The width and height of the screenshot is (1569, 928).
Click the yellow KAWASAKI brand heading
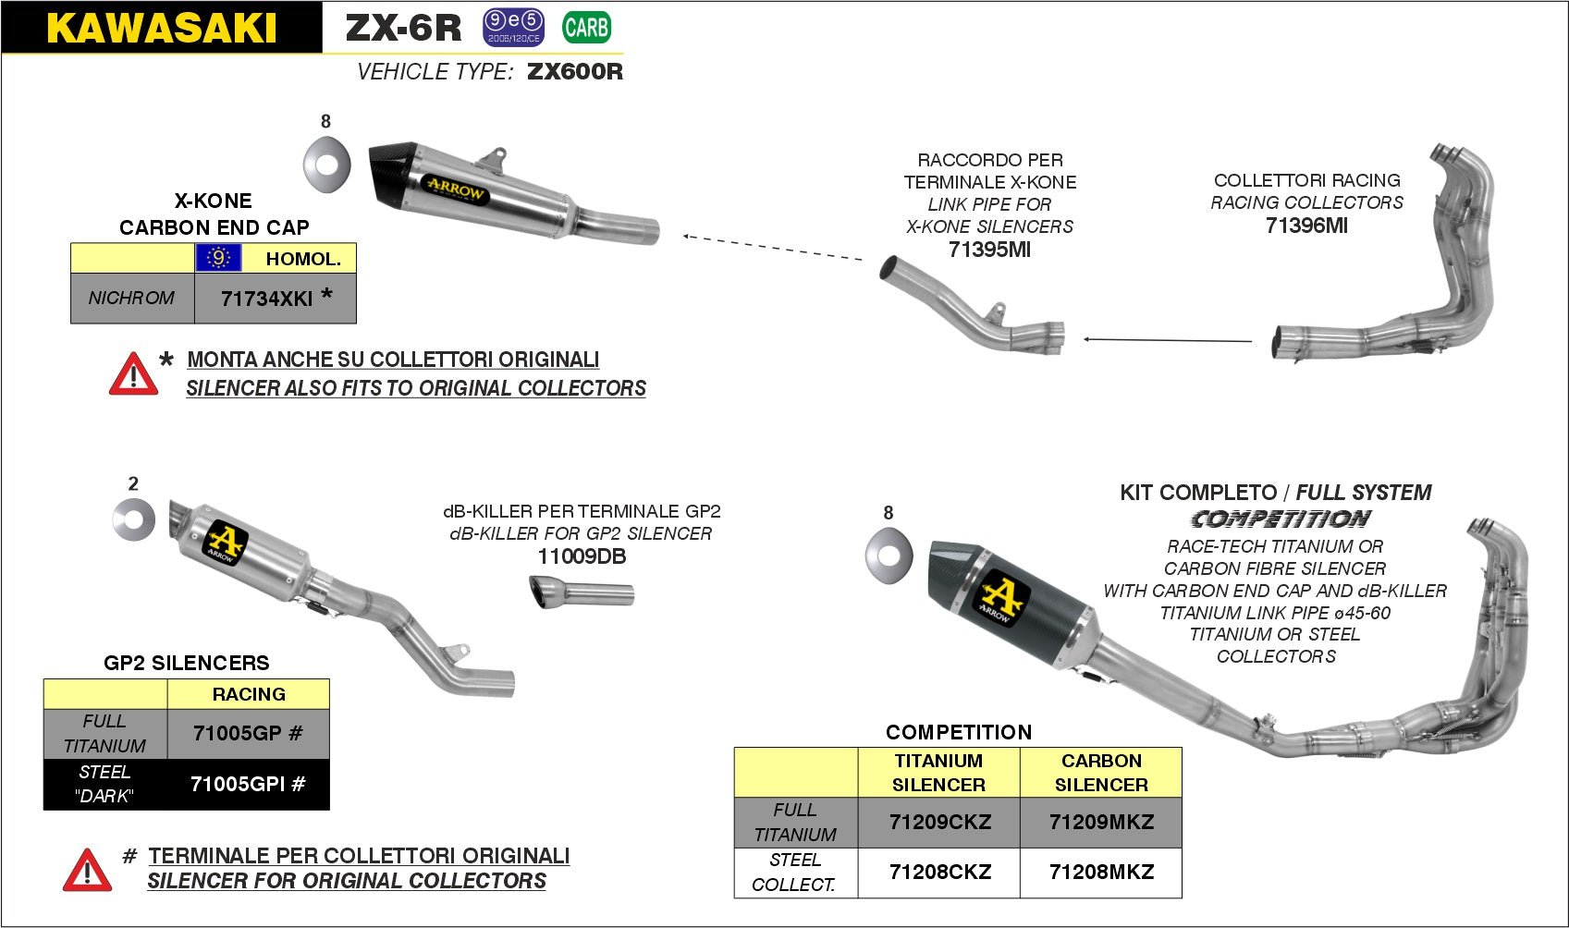[161, 28]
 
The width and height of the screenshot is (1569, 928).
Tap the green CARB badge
[586, 28]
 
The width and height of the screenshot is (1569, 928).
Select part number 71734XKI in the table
[266, 299]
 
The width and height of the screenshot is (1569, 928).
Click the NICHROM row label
[131, 298]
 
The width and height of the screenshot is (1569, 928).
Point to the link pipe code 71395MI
[989, 250]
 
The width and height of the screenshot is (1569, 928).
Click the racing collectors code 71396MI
[1306, 226]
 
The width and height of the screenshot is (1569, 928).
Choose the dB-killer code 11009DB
[582, 556]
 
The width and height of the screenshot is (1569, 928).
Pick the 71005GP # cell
[248, 733]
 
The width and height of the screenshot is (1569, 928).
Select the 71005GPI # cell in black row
[248, 785]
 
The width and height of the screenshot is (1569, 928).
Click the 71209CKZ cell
[939, 822]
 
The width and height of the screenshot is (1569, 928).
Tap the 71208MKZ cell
[1101, 872]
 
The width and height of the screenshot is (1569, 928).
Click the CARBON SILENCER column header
[1101, 773]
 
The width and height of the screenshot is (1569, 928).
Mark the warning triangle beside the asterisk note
[133, 374]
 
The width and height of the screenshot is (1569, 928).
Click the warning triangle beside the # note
[87, 871]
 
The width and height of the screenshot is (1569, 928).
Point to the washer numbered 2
[134, 519]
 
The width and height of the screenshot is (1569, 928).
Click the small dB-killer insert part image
[581, 592]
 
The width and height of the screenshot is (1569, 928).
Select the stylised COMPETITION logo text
[1281, 519]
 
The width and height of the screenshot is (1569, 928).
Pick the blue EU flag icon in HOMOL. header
[218, 258]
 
